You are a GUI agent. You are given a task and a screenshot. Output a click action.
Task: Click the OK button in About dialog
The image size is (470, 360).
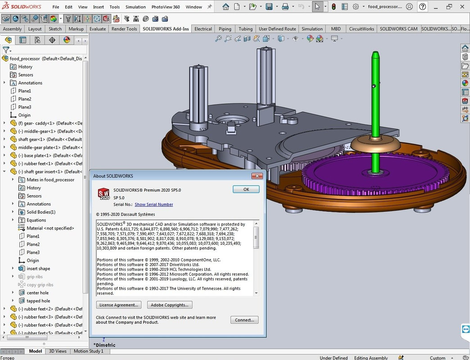(x=246, y=189)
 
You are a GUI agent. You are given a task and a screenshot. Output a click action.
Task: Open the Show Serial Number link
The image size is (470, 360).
(x=154, y=205)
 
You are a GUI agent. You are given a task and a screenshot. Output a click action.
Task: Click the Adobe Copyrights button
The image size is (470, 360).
(x=170, y=305)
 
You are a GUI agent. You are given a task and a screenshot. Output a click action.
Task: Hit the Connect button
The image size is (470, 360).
(x=244, y=320)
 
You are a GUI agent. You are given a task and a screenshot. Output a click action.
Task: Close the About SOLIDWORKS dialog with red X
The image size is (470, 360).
(x=257, y=176)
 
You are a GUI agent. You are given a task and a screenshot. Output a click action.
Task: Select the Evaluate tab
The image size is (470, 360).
(x=97, y=29)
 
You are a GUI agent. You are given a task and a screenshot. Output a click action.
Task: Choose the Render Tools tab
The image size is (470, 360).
(x=124, y=29)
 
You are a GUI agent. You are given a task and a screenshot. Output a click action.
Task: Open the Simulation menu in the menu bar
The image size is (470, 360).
(x=136, y=7)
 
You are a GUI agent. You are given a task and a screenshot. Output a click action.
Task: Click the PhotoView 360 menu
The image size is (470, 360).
(x=166, y=7)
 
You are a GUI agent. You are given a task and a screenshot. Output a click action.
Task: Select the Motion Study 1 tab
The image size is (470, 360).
(x=88, y=351)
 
